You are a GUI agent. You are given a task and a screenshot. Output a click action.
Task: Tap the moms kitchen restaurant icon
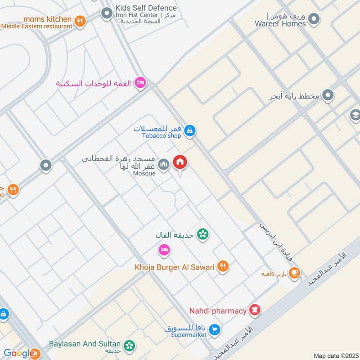80,21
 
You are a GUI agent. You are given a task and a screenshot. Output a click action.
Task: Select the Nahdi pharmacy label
218,311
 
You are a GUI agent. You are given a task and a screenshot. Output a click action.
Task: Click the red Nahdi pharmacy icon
255,310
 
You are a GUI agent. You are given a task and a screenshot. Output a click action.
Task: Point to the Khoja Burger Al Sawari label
174,267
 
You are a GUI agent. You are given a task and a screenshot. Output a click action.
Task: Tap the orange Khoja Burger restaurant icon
222,267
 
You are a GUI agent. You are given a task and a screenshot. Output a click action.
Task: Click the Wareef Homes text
280,23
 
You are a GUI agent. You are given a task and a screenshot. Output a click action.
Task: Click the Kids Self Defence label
146,8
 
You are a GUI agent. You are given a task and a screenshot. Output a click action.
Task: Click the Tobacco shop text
162,136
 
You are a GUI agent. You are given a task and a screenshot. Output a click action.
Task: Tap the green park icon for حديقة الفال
203,234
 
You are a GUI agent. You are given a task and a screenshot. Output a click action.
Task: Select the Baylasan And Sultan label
85,344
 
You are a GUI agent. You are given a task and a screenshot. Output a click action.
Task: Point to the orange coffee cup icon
294,273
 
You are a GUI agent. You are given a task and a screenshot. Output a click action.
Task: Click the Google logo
20,354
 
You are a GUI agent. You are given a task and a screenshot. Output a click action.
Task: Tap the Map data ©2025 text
335,355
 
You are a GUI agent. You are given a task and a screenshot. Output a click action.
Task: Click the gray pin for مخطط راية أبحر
328,95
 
